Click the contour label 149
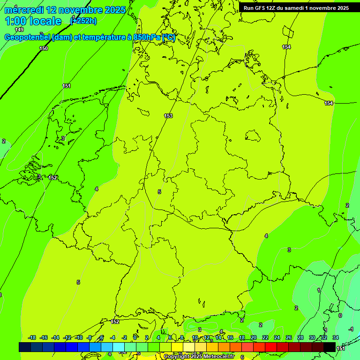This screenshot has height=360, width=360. pyautogui.click(x=19, y=30)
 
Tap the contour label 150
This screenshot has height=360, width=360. pyautogui.click(x=44, y=48)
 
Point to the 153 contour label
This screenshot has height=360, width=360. pyautogui.click(x=168, y=116)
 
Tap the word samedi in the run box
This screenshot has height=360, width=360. pyautogui.click(x=295, y=7)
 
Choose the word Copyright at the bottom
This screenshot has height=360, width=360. pyautogui.click(x=177, y=356)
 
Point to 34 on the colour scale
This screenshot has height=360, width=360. pyautogui.click(x=336, y=337)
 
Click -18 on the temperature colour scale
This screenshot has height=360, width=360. pyautogui.click(x=32, y=337)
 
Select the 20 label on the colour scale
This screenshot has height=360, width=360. pyautogui.click(x=254, y=337)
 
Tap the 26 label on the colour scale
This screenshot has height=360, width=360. pyautogui.click(x=289, y=337)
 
